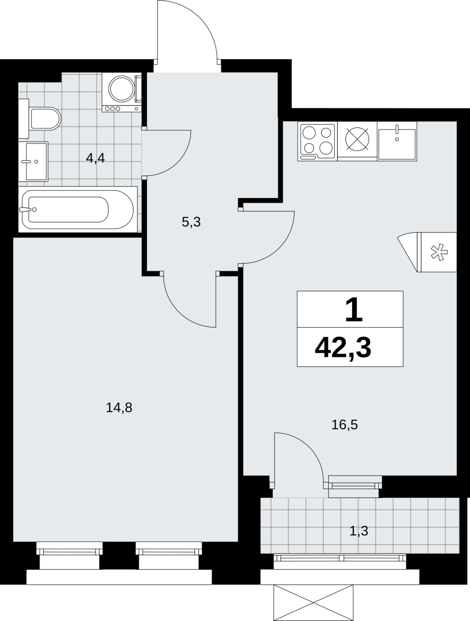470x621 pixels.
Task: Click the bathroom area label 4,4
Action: [x=96, y=158]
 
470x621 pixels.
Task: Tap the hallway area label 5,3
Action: [x=191, y=222]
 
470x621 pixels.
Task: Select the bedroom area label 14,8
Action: [x=119, y=408]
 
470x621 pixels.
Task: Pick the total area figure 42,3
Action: [x=343, y=348]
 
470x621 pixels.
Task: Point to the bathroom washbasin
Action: [x=33, y=161]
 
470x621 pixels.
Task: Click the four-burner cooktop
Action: [x=317, y=141]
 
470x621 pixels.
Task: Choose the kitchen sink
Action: [x=397, y=141]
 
